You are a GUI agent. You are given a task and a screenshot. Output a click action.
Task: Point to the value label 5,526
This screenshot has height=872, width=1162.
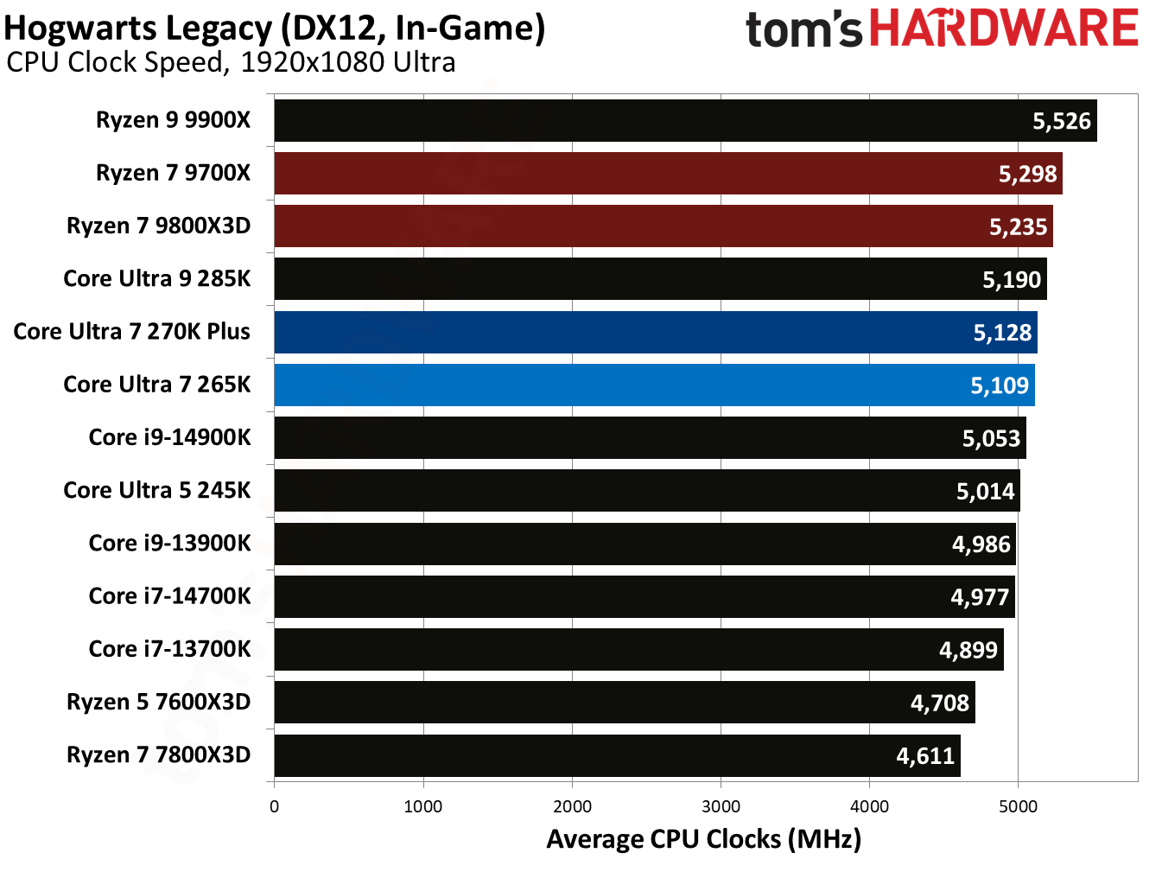click(1062, 121)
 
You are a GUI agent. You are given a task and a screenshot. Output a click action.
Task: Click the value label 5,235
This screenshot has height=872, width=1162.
click(1018, 227)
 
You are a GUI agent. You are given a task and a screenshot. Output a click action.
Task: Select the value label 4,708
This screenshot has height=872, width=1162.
click(940, 703)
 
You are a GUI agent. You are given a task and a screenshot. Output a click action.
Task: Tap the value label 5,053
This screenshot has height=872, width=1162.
click(991, 439)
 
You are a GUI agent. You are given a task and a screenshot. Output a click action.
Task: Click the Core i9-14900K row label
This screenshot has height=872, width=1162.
click(169, 437)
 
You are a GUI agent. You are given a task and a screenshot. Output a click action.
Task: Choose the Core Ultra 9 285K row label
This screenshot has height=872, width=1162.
click(156, 279)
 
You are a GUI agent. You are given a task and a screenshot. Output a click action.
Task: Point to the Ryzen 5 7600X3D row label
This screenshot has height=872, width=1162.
click(158, 702)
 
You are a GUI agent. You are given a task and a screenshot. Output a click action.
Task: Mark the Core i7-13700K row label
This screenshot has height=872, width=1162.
click(169, 649)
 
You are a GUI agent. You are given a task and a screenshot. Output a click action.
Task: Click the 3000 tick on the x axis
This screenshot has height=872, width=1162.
click(721, 807)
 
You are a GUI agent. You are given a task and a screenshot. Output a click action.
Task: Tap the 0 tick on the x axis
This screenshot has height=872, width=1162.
click(275, 807)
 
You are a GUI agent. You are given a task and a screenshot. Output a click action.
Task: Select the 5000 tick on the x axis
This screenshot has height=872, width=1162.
click(1018, 807)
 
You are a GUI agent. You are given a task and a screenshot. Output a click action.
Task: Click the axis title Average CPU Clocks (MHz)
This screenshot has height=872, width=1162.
click(703, 839)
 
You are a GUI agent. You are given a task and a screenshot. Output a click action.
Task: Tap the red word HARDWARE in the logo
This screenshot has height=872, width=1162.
click(1003, 29)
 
